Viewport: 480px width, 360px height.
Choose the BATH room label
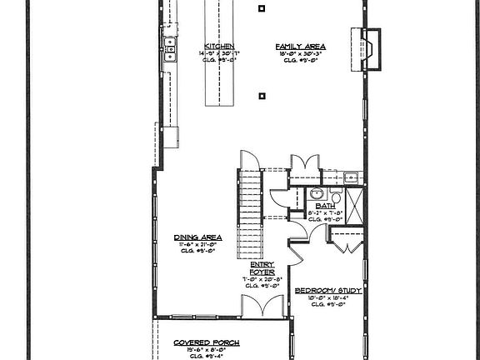(325, 205)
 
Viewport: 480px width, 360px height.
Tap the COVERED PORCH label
(207, 342)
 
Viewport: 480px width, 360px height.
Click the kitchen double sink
(169, 48)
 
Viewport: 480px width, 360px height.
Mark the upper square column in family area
(262, 8)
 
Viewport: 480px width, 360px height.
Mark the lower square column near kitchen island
(262, 96)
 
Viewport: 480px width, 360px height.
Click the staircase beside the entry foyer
(251, 212)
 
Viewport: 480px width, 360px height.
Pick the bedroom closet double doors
(346, 242)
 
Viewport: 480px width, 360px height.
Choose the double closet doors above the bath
(304, 162)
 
